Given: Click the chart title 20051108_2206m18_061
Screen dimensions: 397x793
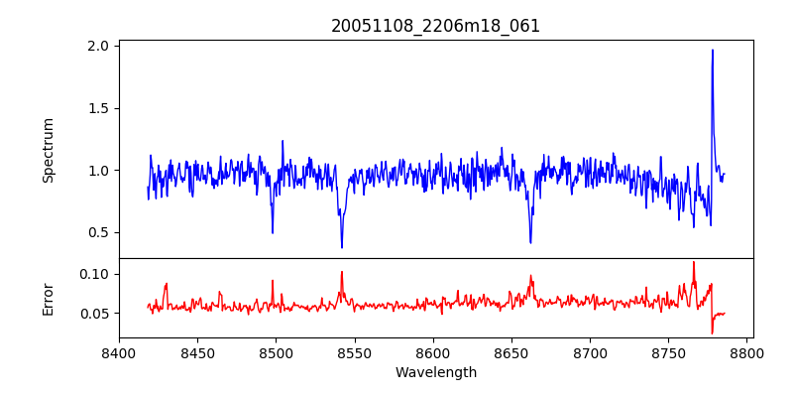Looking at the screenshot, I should click(x=435, y=26).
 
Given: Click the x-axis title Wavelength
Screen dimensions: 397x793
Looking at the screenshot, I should click(x=435, y=372).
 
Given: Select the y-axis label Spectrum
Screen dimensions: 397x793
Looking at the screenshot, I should click(x=49, y=150).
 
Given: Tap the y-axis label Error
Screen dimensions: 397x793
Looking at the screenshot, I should click(x=49, y=298).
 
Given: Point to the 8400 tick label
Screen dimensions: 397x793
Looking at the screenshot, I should click(x=119, y=352).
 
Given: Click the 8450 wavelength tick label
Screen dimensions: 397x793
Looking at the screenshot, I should click(x=197, y=352).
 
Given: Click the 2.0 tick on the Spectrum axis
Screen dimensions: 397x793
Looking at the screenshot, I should click(x=99, y=47).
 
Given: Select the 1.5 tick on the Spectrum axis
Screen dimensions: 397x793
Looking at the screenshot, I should click(x=99, y=108).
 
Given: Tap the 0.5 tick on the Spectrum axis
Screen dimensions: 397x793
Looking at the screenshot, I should click(x=99, y=232).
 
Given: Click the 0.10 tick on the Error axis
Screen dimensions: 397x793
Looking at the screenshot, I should click(x=95, y=274).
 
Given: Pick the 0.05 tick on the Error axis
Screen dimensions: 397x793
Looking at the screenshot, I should click(x=95, y=314).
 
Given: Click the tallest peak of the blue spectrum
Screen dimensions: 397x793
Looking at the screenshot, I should click(x=712, y=51).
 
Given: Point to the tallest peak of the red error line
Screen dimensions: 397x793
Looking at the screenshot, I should click(x=694, y=262).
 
